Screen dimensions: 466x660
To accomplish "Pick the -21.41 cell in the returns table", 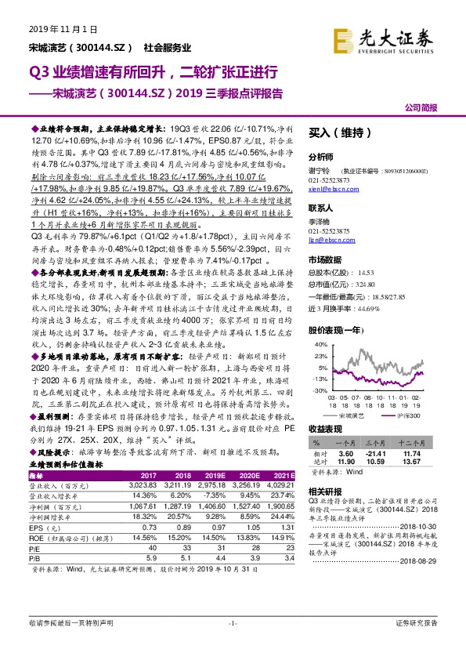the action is [x=381, y=454].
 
